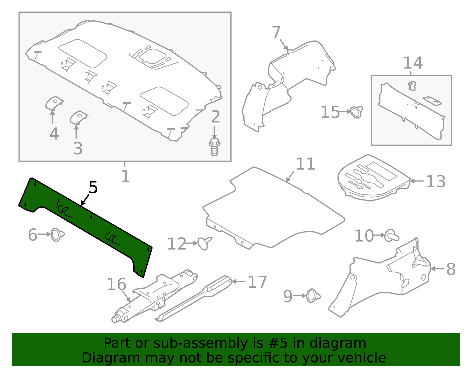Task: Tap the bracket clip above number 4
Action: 54,103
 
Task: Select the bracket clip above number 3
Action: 78,117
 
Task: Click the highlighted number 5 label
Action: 93,188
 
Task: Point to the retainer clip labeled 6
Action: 57,235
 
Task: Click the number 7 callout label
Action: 276,32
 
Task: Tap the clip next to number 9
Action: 313,296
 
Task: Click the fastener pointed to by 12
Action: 204,243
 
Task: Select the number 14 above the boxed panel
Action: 413,63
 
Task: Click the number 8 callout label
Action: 451,269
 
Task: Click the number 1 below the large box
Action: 125,176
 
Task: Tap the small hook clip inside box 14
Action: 412,86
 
